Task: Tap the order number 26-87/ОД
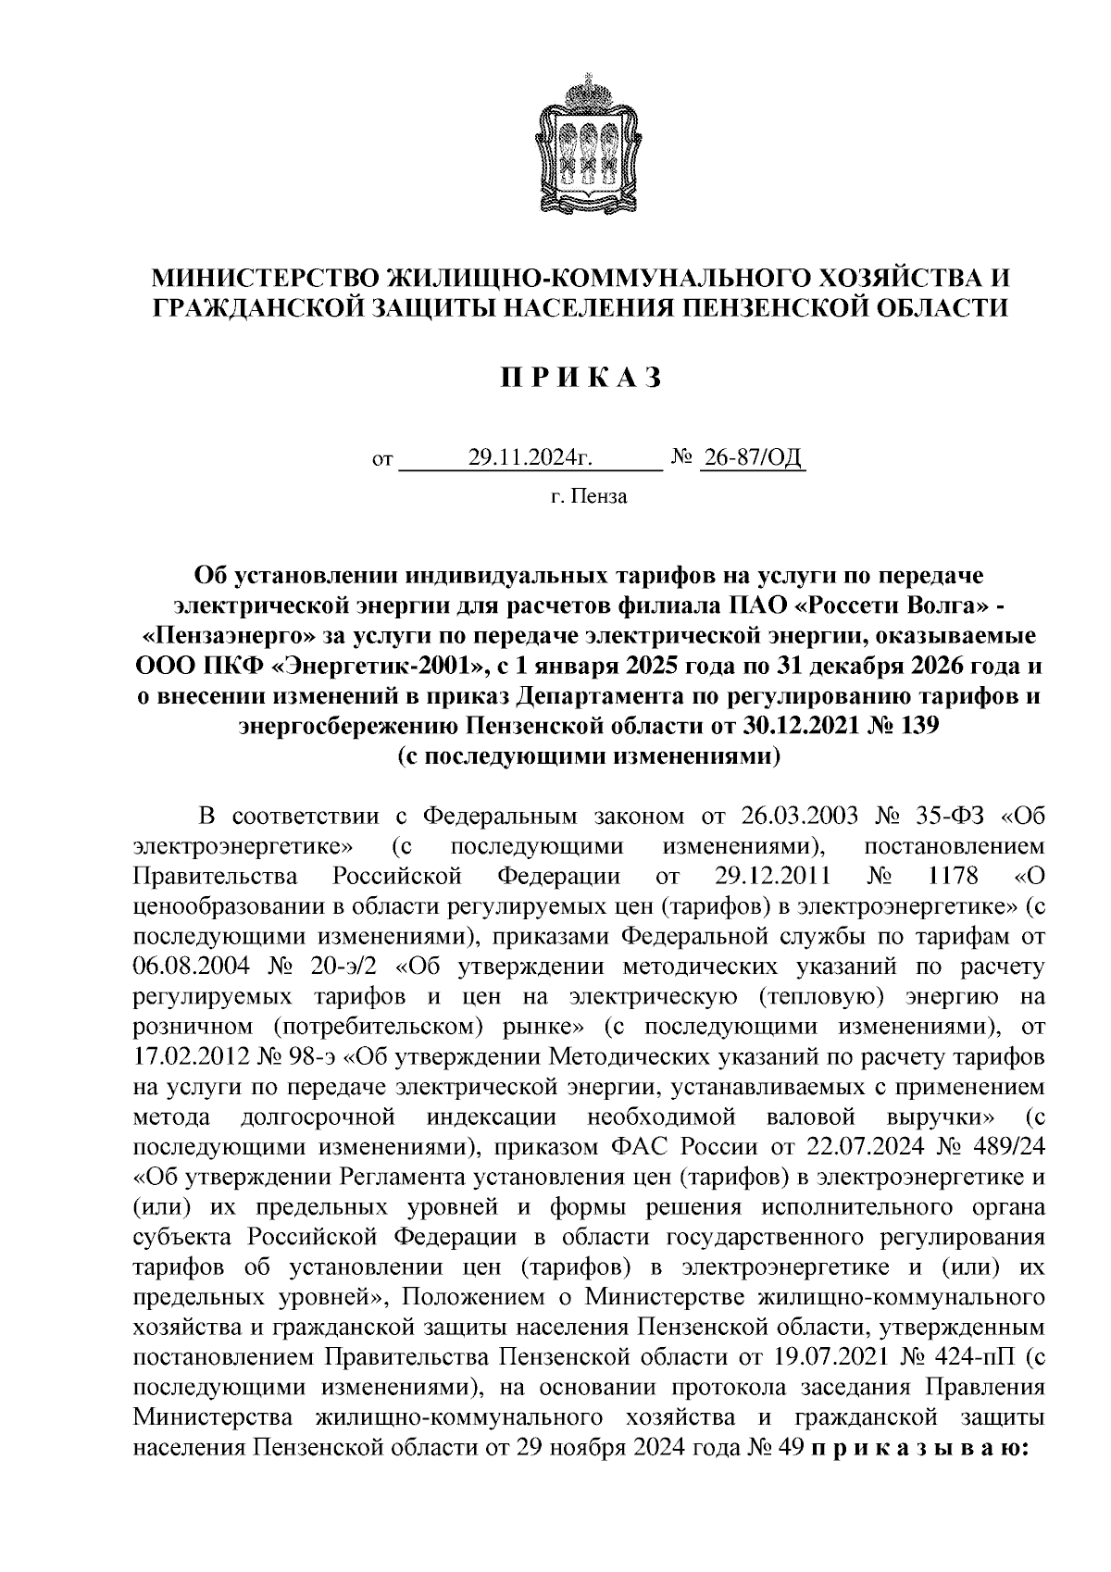coord(753,457)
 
